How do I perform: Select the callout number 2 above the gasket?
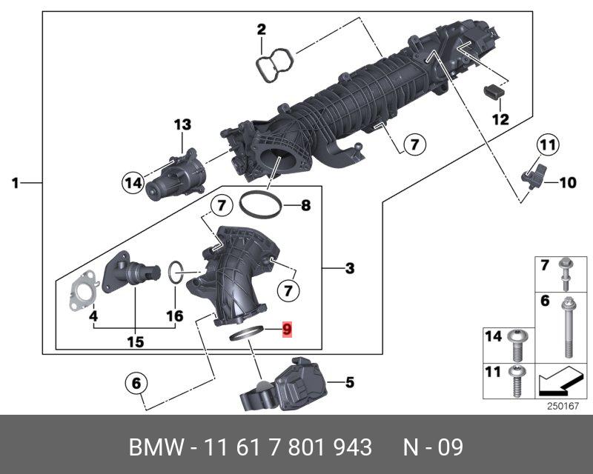coord(261,30)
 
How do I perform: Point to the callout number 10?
coord(567,182)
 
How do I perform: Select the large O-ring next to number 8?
coord(261,204)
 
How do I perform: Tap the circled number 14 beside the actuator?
coord(133,181)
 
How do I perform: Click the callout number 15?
coord(135,342)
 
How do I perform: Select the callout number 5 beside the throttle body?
coord(350,382)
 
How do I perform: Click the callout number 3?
coord(349,268)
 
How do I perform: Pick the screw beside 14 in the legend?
coord(517,343)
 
